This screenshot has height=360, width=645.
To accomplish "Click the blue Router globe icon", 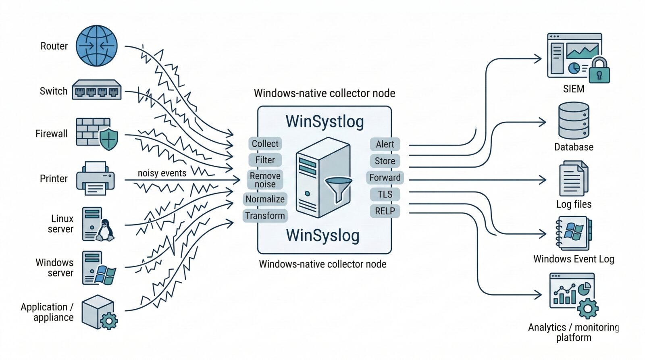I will click(97, 46).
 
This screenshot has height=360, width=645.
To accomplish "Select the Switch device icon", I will click(97, 90).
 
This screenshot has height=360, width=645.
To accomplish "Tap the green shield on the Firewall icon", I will click(109, 139).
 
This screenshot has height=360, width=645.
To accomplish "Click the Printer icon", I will click(96, 179).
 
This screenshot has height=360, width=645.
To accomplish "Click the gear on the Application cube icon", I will click(108, 321).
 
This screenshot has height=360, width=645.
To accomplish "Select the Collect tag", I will click(265, 144).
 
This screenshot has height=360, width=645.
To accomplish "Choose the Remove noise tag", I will click(265, 180).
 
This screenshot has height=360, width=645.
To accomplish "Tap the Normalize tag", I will click(265, 199).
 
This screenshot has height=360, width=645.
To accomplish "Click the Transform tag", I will click(265, 216).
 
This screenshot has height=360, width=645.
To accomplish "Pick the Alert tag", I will click(385, 144).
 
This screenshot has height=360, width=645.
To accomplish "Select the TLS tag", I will click(385, 194).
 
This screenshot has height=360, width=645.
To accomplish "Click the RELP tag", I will click(385, 211).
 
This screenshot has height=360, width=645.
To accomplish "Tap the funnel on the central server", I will click(338, 189).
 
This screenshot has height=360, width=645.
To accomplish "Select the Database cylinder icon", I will click(574, 121).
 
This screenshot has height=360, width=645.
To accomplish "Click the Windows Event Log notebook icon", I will click(574, 233).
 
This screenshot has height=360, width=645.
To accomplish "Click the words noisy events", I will click(162, 173).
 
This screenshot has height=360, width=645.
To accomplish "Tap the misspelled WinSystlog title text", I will click(325, 122).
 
